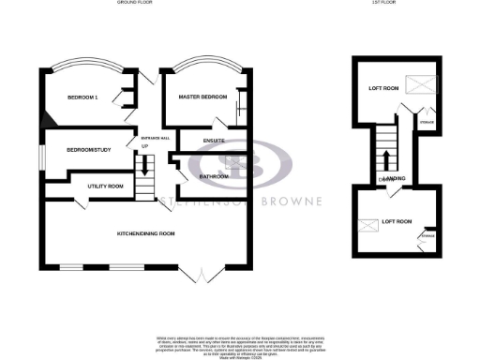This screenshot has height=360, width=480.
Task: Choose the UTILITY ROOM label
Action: pyautogui.click(x=105, y=187)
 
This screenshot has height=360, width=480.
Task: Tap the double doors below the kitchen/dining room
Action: pyautogui.click(x=201, y=274)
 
